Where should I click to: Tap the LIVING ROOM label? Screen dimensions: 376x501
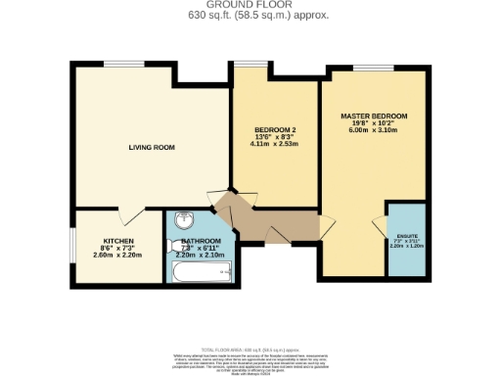152,147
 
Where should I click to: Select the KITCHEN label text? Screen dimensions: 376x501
118,241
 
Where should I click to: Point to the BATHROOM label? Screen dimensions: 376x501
201,241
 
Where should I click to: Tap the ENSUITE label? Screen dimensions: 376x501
403,233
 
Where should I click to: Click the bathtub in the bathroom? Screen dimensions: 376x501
201,269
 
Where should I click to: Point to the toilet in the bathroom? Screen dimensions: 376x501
168,245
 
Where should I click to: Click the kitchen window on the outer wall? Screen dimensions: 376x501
71,251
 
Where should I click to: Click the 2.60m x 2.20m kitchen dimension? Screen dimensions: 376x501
118,255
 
